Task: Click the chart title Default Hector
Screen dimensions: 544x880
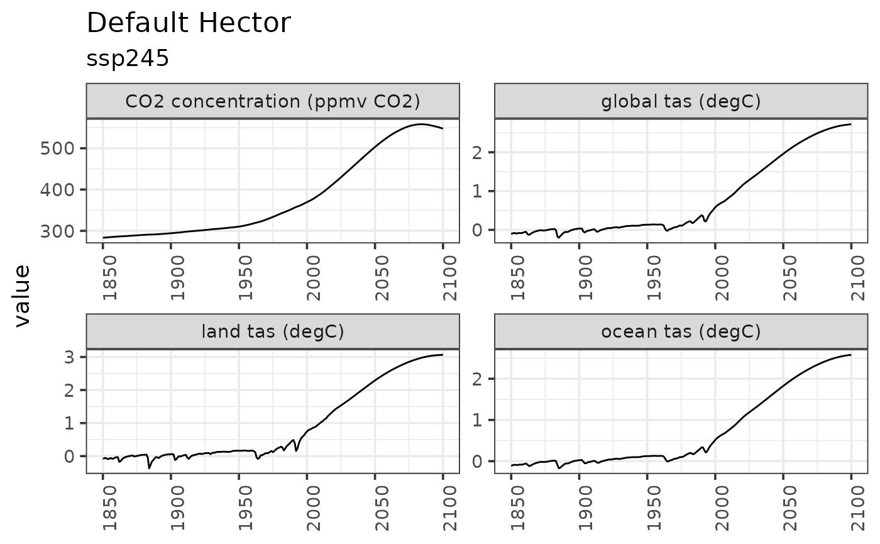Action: click(189, 24)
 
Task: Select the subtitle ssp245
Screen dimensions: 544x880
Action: click(128, 58)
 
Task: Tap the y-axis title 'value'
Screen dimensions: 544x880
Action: click(23, 296)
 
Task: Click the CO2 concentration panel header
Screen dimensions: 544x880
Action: click(273, 101)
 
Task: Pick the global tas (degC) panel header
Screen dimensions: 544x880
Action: click(681, 101)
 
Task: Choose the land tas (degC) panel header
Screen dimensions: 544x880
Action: click(273, 331)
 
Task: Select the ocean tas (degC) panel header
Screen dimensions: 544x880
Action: click(681, 331)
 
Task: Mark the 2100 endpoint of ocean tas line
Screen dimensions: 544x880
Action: click(851, 355)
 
